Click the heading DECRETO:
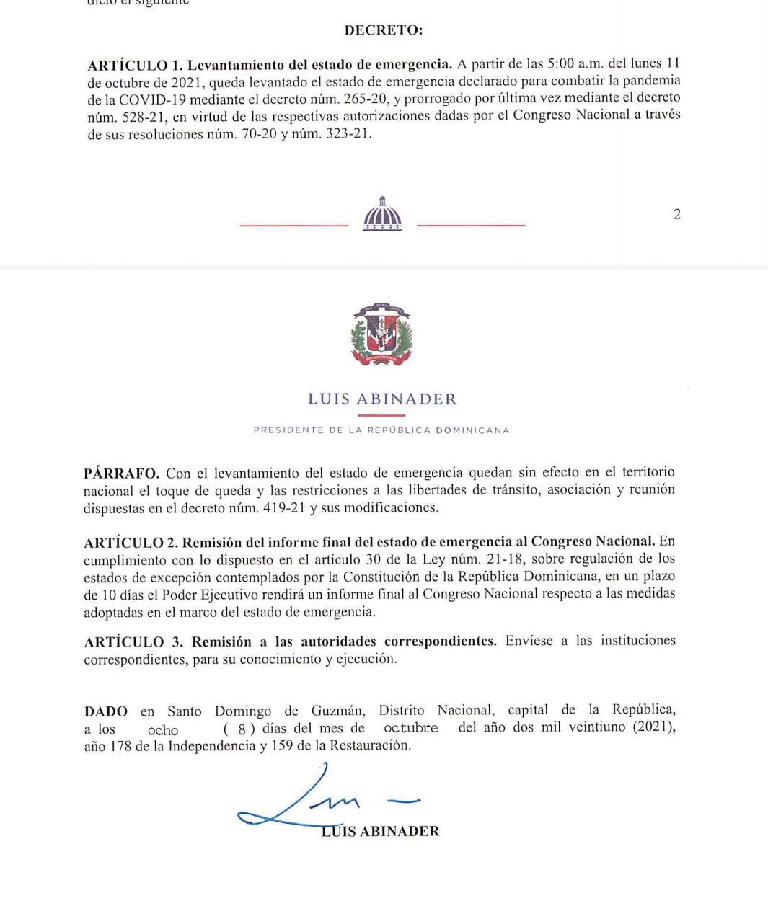(384, 30)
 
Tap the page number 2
(676, 214)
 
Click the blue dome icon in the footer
(382, 214)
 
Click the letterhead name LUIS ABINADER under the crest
(382, 399)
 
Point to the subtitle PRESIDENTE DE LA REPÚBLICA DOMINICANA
(381, 430)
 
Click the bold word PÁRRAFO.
(121, 474)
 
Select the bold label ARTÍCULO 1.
(133, 65)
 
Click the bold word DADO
(106, 712)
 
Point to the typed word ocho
(163, 730)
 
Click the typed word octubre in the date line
(410, 728)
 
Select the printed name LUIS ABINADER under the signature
(380, 831)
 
